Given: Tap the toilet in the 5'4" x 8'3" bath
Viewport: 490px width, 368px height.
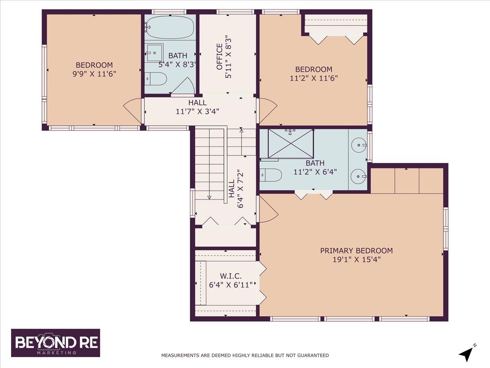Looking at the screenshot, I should pyautogui.click(x=156, y=79).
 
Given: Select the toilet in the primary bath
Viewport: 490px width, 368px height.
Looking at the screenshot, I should pyautogui.click(x=271, y=175).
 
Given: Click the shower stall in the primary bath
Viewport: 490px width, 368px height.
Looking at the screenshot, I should pyautogui.click(x=291, y=144).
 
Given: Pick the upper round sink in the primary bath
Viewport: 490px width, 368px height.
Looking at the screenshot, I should pyautogui.click(x=359, y=144).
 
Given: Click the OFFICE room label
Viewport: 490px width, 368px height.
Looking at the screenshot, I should pyautogui.click(x=220, y=56).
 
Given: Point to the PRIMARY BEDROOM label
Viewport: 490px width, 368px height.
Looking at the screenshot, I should pyautogui.click(x=356, y=251).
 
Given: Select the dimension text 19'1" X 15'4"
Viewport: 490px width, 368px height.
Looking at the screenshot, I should pyautogui.click(x=356, y=259).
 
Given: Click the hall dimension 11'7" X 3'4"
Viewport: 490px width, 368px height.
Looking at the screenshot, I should pyautogui.click(x=197, y=112).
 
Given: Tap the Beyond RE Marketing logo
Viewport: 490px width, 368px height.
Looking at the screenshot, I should pyautogui.click(x=56, y=343).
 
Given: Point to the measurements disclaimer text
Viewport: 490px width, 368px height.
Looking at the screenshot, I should pyautogui.click(x=245, y=355).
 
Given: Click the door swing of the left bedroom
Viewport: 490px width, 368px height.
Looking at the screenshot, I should pyautogui.click(x=132, y=110).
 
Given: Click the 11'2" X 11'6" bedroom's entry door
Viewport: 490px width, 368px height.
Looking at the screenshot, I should pyautogui.click(x=267, y=110).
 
